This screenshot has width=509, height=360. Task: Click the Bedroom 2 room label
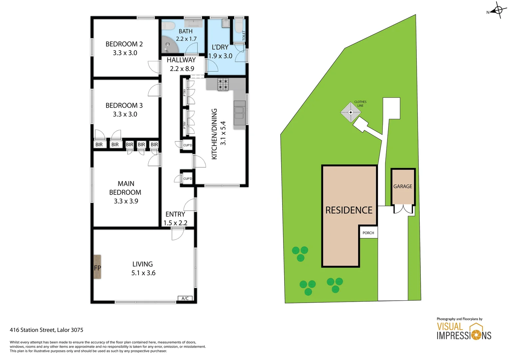pos(124,44)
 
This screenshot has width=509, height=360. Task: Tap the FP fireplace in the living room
pos(97,267)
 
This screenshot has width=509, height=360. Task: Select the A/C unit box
pos(185,298)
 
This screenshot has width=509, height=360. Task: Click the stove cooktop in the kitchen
pos(223,85)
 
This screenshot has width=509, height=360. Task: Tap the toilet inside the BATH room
pos(168,26)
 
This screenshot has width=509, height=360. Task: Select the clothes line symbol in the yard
pos(350,112)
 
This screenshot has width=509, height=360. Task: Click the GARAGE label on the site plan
pos(402,186)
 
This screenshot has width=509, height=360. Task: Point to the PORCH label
pos(368,233)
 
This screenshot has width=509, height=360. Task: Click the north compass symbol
pos(498,10)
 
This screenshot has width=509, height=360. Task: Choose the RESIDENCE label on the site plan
pos(349,210)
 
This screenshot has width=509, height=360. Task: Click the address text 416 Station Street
pos(46,330)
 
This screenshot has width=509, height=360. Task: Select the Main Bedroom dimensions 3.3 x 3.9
pos(126,201)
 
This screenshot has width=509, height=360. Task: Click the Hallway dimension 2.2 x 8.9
pos(182,69)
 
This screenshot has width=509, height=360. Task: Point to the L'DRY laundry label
pos(220,47)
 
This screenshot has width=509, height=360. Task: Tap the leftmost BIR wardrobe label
pos(99,144)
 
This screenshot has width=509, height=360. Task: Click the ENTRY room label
pos(175,214)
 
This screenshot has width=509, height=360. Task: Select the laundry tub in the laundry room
pos(226,24)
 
